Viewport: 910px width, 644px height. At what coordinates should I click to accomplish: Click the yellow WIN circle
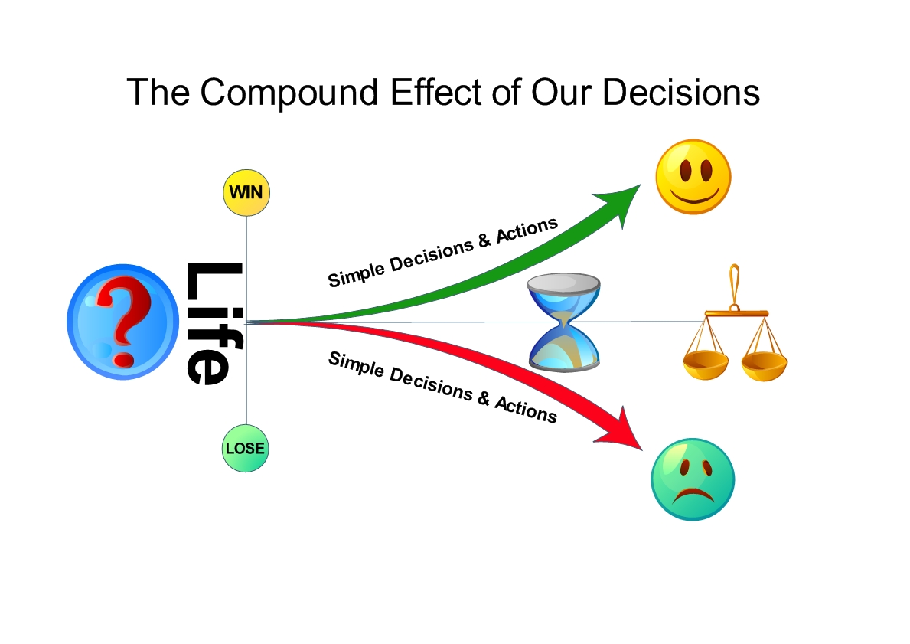pyautogui.click(x=246, y=192)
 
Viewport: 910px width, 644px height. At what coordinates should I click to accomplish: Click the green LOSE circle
pyautogui.click(x=246, y=448)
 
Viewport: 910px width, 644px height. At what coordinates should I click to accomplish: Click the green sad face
pyautogui.click(x=692, y=479)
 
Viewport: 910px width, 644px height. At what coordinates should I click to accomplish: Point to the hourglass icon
pyautogui.click(x=564, y=322)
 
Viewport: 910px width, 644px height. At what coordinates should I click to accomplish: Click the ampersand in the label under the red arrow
pyautogui.click(x=483, y=396)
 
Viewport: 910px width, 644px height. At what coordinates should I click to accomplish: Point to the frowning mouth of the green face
pyautogui.click(x=693, y=494)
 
